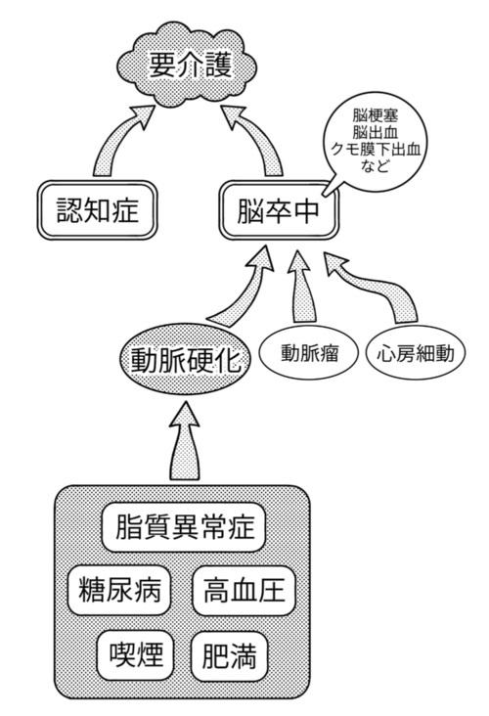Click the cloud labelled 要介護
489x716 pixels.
coord(187,66)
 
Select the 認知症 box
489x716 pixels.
coord(97,210)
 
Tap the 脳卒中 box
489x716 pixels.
coord(279,210)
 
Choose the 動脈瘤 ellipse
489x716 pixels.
coord(309,353)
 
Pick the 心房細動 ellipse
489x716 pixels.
coord(416,353)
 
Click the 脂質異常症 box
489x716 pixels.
coord(184,527)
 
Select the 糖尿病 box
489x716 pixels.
coord(119,590)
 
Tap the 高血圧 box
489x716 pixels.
coord(244,590)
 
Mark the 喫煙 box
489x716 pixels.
coord(136,655)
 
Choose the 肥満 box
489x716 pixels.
coord(229,655)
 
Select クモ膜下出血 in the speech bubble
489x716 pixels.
coord(375,149)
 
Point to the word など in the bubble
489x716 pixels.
coord(375,165)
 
